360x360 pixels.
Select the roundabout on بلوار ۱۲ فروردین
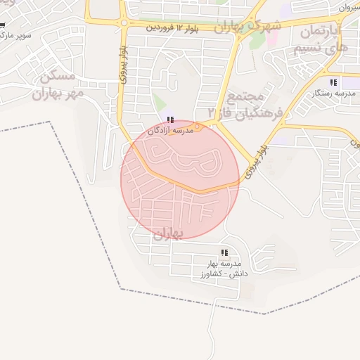tap(124, 22)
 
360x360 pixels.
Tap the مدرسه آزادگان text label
tap(173, 131)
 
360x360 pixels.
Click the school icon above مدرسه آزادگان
tap(172, 120)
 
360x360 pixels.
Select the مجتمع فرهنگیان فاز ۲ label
tap(246, 104)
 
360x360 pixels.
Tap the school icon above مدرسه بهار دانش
tap(224, 252)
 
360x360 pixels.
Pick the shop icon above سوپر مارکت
tap(2, 25)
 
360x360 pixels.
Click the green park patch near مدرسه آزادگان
tap(160, 103)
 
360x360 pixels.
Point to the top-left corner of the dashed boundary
tap(51, 122)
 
